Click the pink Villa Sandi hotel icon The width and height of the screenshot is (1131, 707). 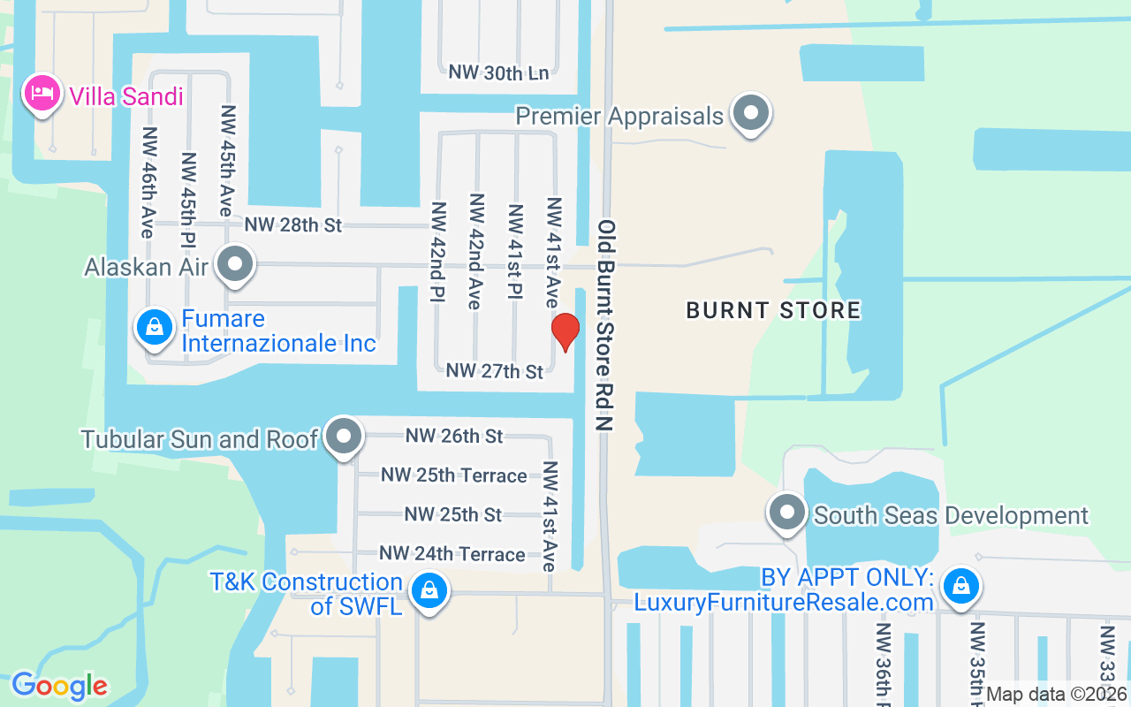42,93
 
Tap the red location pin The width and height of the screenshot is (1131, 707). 565,331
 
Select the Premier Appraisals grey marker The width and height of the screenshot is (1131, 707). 752,113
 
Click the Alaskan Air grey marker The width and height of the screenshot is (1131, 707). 236,263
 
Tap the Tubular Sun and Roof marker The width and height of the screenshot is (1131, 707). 344,436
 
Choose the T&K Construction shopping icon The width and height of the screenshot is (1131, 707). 429,589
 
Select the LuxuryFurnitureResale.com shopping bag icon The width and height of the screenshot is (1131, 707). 960,586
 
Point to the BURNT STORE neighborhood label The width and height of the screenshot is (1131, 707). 773,310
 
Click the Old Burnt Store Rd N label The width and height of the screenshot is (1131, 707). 605,324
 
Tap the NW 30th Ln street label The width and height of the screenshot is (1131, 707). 498,72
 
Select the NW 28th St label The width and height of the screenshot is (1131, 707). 292,225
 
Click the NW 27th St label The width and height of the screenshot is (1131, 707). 495,371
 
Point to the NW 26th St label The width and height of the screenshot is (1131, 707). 454,436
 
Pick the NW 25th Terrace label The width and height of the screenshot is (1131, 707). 454,475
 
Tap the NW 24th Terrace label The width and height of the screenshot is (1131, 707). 452,554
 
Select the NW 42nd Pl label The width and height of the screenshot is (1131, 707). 437,253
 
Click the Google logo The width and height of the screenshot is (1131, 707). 59,685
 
